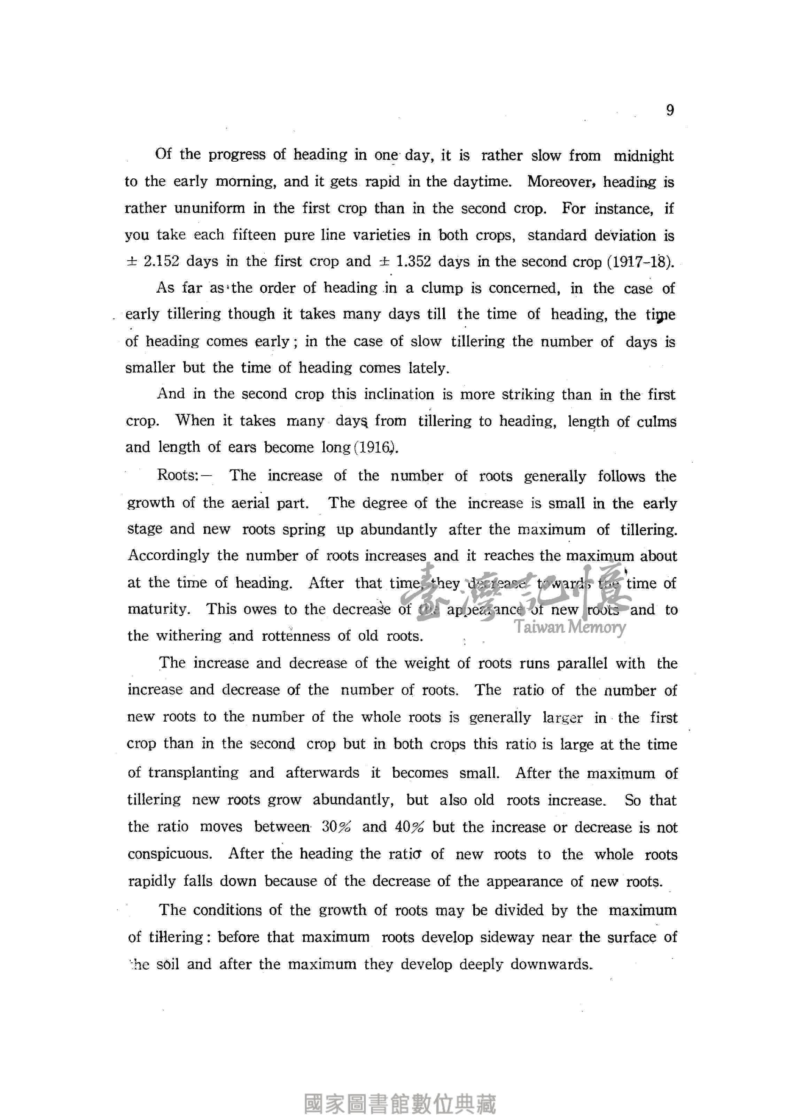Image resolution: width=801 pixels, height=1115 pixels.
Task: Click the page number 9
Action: point(670,110)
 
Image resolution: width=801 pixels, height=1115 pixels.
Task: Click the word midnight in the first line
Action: point(643,156)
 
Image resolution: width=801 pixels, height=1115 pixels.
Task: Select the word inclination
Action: point(398,394)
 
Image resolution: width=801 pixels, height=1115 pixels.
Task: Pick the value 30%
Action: point(337,827)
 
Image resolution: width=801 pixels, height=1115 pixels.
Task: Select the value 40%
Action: point(409,827)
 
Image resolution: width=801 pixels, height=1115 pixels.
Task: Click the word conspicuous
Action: point(170,854)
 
